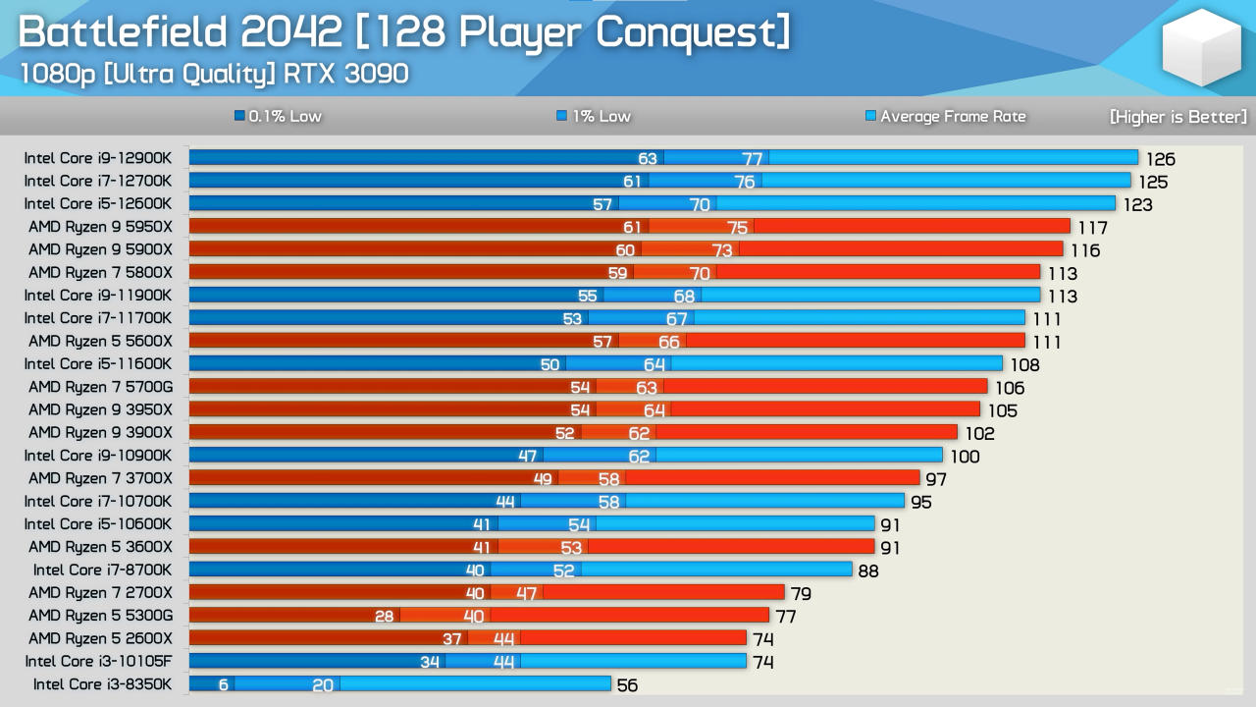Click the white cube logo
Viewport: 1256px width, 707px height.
(1201, 47)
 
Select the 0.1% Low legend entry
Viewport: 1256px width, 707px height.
(279, 116)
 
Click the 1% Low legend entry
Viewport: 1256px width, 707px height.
(594, 116)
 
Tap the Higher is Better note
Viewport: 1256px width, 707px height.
(1177, 117)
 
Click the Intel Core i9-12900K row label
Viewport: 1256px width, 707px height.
(98, 158)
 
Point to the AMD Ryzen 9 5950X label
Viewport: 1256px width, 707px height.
(100, 227)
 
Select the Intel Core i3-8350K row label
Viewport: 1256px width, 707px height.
(102, 683)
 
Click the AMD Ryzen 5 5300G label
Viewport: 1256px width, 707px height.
(100, 615)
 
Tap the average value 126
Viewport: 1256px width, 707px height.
(1161, 159)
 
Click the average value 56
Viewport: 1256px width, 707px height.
(627, 684)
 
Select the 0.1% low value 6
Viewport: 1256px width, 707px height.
(224, 684)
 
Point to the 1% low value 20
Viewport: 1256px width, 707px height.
(323, 684)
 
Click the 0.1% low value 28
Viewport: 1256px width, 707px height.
(384, 616)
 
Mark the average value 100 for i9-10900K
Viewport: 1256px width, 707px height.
(965, 456)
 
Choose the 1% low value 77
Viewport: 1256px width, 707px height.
(752, 159)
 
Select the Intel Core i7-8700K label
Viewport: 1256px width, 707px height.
(102, 570)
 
